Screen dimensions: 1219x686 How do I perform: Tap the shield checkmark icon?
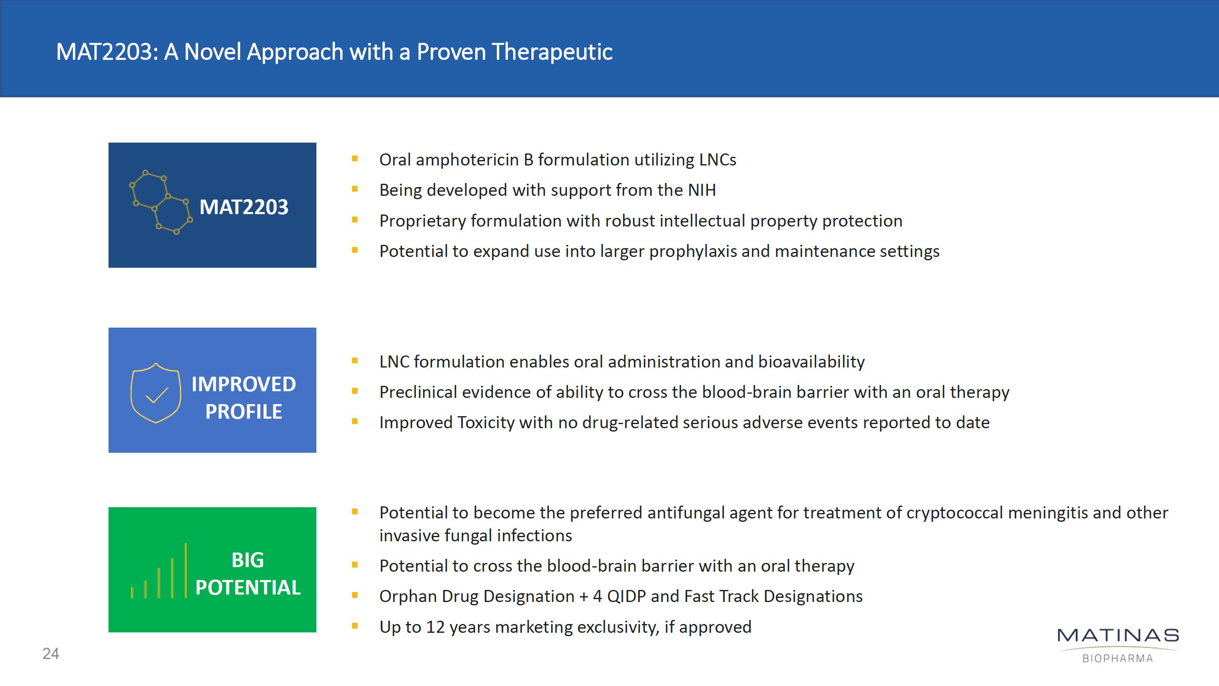[x=155, y=392]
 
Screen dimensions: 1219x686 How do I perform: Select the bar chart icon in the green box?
[x=159, y=570]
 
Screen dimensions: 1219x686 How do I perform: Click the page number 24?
[x=51, y=653]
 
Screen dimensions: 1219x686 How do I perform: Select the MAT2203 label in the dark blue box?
[x=244, y=207]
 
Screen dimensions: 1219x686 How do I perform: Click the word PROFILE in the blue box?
[x=244, y=412]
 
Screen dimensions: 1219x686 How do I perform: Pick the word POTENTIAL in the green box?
[x=248, y=587]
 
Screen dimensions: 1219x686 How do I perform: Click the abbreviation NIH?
[x=702, y=190]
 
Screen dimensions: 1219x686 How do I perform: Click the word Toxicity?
[x=486, y=422]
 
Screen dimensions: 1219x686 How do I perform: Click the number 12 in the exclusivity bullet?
[x=435, y=627]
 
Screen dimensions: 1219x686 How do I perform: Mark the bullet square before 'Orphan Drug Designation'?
[x=355, y=595]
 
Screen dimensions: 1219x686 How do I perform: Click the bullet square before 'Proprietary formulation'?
[x=355, y=220]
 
